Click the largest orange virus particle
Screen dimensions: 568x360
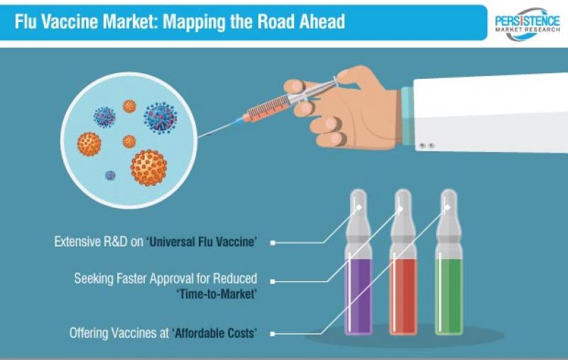click(149, 168)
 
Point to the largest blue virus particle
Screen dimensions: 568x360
click(160, 118)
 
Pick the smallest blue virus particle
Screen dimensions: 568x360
click(110, 175)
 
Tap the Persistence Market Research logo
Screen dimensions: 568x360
click(527, 24)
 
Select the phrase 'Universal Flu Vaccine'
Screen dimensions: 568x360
click(202, 241)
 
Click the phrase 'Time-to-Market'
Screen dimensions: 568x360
click(217, 294)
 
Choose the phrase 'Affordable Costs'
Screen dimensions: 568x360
click(214, 333)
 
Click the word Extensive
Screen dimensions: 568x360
click(77, 241)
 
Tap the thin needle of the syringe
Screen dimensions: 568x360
click(219, 129)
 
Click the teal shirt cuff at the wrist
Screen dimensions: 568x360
click(407, 116)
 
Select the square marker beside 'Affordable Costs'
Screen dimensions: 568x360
click(273, 334)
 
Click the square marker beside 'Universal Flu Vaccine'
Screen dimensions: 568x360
click(273, 243)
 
